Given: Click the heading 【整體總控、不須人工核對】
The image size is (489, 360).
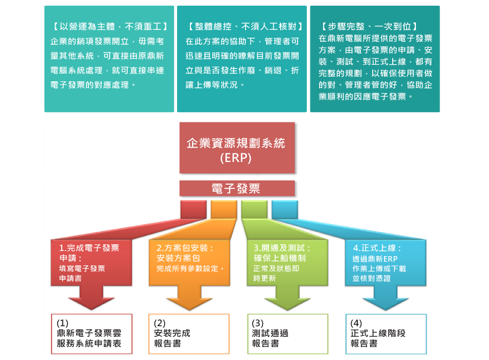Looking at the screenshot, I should point(242,26).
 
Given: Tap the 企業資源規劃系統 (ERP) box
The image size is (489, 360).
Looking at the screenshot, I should point(237,148).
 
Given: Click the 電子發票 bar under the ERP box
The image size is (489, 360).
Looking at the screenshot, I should point(237,189).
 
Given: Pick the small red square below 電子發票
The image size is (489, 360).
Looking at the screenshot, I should point(193,209).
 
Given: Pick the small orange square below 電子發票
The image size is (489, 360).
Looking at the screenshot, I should point(223,209).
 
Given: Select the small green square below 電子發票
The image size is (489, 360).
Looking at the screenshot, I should point(254,209).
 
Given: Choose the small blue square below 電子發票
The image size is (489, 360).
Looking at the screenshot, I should point(284,209).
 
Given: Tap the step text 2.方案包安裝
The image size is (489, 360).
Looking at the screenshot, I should point(184,248).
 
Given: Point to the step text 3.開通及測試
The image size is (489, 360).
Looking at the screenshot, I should point(282,248).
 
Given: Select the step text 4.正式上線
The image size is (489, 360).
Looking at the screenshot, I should point(377,248).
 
